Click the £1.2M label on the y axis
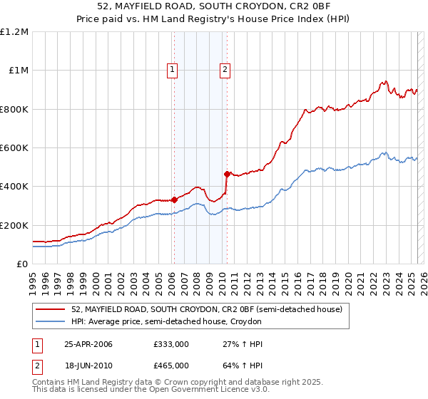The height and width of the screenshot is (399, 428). (15, 32)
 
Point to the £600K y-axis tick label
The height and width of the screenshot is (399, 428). (14, 148)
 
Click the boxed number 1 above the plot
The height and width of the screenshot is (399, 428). (173, 69)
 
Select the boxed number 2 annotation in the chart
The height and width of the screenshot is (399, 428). (225, 69)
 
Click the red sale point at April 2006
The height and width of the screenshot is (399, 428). (174, 199)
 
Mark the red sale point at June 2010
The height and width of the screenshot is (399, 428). (227, 174)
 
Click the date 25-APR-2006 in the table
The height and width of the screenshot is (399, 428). (88, 344)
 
